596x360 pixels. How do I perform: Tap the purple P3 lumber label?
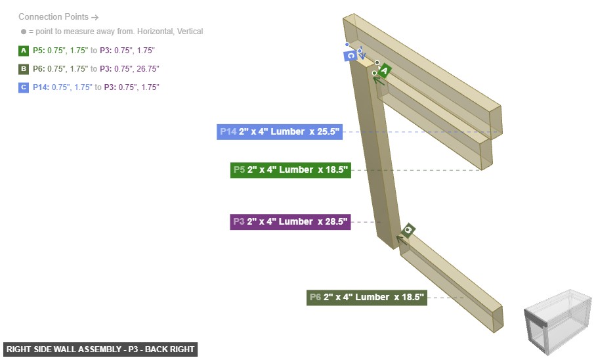tap(290, 222)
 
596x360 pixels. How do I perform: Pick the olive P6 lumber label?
tap(367, 298)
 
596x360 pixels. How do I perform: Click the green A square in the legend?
tap(24, 50)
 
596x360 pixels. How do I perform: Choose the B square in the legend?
tap(24, 68)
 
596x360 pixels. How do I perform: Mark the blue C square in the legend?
tap(24, 87)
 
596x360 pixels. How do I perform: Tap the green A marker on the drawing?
tap(384, 70)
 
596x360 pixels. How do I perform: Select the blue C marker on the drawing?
tap(351, 56)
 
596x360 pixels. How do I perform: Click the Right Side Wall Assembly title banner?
tap(100, 349)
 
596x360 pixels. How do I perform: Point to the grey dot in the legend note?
tap(23, 32)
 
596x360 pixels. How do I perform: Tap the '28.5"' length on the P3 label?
tap(333, 222)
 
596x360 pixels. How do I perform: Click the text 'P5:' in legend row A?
tap(39, 50)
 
